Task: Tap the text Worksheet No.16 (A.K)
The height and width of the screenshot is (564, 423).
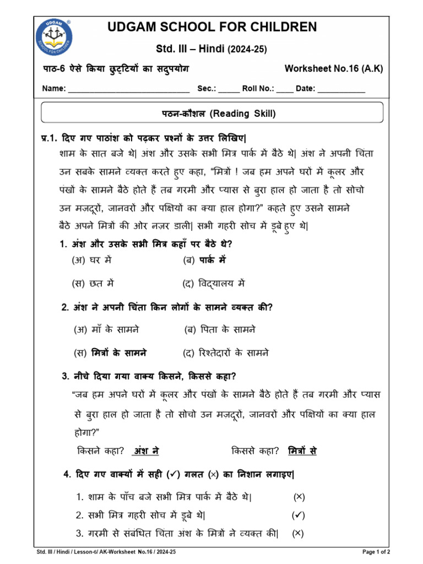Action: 333,68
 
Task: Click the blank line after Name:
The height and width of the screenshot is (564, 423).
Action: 128,90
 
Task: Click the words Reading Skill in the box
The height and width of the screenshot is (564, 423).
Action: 243,114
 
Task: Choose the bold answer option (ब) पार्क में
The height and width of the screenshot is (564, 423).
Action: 204,259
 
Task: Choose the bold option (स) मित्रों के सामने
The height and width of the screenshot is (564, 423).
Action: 111,352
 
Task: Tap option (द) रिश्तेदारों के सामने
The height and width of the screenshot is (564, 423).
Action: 226,352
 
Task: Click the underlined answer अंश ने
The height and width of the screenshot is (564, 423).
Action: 146,451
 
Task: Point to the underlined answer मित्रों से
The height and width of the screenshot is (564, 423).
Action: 302,451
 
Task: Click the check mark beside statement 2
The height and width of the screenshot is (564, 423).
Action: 298,515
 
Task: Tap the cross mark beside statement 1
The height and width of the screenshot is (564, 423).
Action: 299,497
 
